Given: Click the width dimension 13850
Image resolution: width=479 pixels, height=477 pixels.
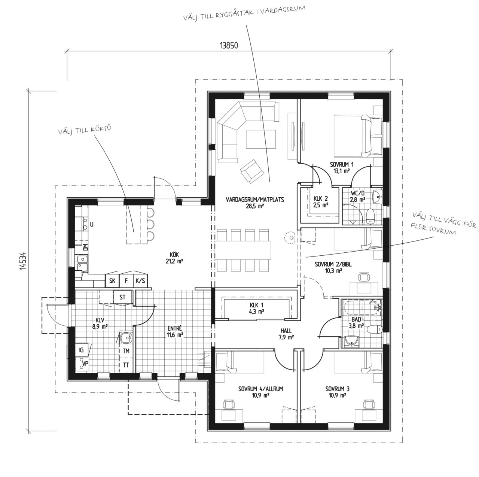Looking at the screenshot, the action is (229, 46).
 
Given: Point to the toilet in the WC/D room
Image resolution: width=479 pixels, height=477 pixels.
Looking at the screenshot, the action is (370, 216).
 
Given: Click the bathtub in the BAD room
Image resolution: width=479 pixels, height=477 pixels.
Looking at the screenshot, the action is (361, 310).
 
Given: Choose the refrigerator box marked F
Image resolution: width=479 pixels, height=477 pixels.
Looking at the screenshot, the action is (126, 281).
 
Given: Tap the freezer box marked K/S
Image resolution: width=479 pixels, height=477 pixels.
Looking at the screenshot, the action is (140, 281).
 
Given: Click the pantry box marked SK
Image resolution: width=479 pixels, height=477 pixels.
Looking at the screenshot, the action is (112, 281).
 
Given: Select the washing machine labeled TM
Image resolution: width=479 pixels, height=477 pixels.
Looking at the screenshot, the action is (126, 351).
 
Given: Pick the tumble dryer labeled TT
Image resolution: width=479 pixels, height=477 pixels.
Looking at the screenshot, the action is (126, 365).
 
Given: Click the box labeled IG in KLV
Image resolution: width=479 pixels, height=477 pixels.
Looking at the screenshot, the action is (82, 350).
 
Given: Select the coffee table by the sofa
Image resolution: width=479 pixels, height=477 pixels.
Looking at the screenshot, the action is (261, 139).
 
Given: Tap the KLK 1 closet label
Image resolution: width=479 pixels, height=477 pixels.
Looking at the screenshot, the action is (257, 308).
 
